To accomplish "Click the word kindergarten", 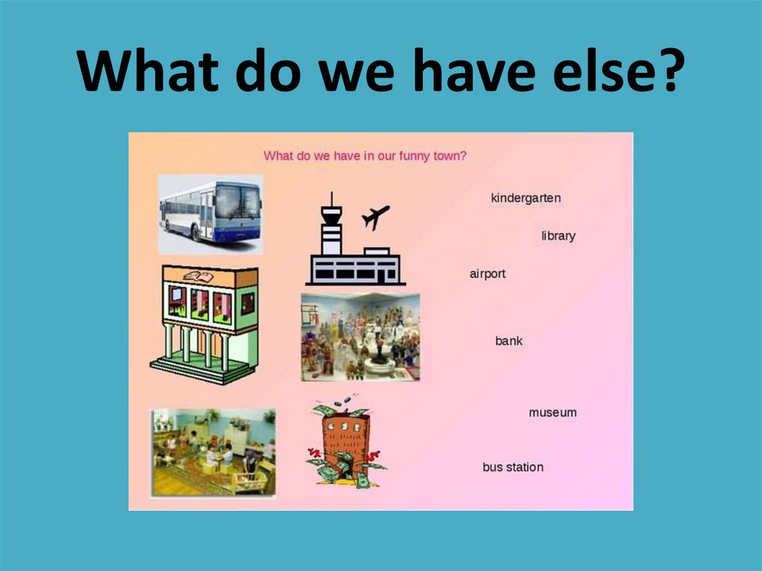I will point(525,198).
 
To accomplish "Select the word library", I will point(558,236).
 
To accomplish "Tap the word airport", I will point(487,274).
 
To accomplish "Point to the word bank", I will point(509,341).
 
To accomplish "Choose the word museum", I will point(552,412).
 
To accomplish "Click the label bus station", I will point(513,468).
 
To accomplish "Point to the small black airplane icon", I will point(375,217).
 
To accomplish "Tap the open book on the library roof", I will point(198,277).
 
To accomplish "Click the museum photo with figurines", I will point(360,336).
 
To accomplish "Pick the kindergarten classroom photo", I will point(214,452).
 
